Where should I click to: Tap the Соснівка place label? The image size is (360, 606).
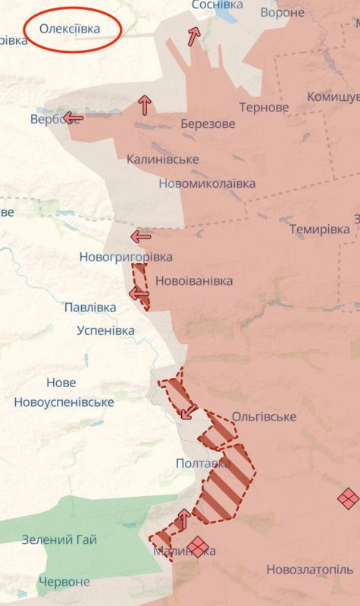pyautogui.click(x=218, y=5)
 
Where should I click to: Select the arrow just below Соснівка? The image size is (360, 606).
pyautogui.click(x=195, y=36)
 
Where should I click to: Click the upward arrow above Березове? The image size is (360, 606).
pyautogui.click(x=144, y=105)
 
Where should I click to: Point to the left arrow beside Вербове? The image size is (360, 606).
pyautogui.click(x=74, y=117)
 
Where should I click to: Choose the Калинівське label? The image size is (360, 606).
pyautogui.click(x=163, y=159)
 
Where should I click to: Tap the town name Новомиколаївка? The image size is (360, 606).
pyautogui.click(x=207, y=183)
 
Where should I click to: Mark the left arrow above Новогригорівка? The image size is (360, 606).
pyautogui.click(x=140, y=236)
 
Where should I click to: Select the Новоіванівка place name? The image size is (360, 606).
pyautogui.click(x=194, y=281)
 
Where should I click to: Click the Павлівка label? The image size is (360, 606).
pyautogui.click(x=90, y=308)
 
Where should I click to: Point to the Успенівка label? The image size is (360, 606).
pyautogui.click(x=106, y=330)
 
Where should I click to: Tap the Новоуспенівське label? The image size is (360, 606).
pyautogui.click(x=64, y=401)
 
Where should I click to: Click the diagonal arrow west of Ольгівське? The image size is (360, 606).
pyautogui.click(x=189, y=411)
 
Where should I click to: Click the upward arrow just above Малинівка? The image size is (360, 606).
pyautogui.click(x=183, y=519)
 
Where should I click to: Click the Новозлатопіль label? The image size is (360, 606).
pyautogui.click(x=309, y=569)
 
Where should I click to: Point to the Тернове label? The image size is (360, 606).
pyautogui.click(x=264, y=108)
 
